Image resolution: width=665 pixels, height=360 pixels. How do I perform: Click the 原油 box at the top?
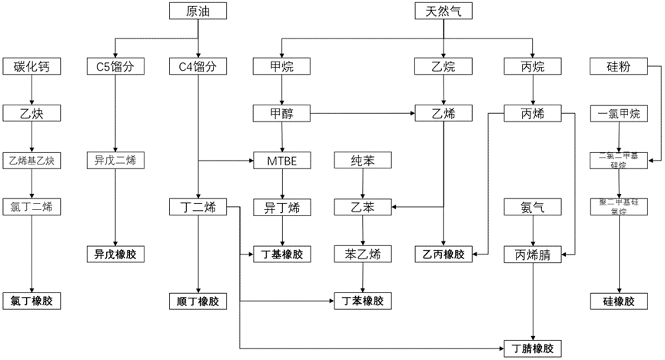[198, 11]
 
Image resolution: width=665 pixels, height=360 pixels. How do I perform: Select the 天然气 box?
[444, 11]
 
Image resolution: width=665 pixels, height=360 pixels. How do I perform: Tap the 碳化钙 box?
[31, 67]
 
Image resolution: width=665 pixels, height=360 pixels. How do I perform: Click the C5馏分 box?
[115, 67]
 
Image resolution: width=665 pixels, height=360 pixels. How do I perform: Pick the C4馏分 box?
[198, 67]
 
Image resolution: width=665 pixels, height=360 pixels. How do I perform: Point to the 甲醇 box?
[282, 114]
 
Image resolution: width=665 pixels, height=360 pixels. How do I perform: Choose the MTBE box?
[282, 161]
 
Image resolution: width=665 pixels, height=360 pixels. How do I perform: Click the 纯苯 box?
[361, 161]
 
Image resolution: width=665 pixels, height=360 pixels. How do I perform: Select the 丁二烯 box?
[198, 207]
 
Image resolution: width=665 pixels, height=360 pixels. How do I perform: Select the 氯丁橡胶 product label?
[31, 301]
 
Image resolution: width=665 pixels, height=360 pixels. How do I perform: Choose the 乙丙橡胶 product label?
[444, 254]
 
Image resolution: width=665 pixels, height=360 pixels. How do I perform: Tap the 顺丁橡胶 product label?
[198, 301]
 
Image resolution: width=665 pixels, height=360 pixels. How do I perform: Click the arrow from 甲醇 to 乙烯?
[361, 114]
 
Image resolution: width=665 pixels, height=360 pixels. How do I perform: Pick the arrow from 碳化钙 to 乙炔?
[31, 90]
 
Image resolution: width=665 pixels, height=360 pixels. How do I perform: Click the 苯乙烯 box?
[361, 254]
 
